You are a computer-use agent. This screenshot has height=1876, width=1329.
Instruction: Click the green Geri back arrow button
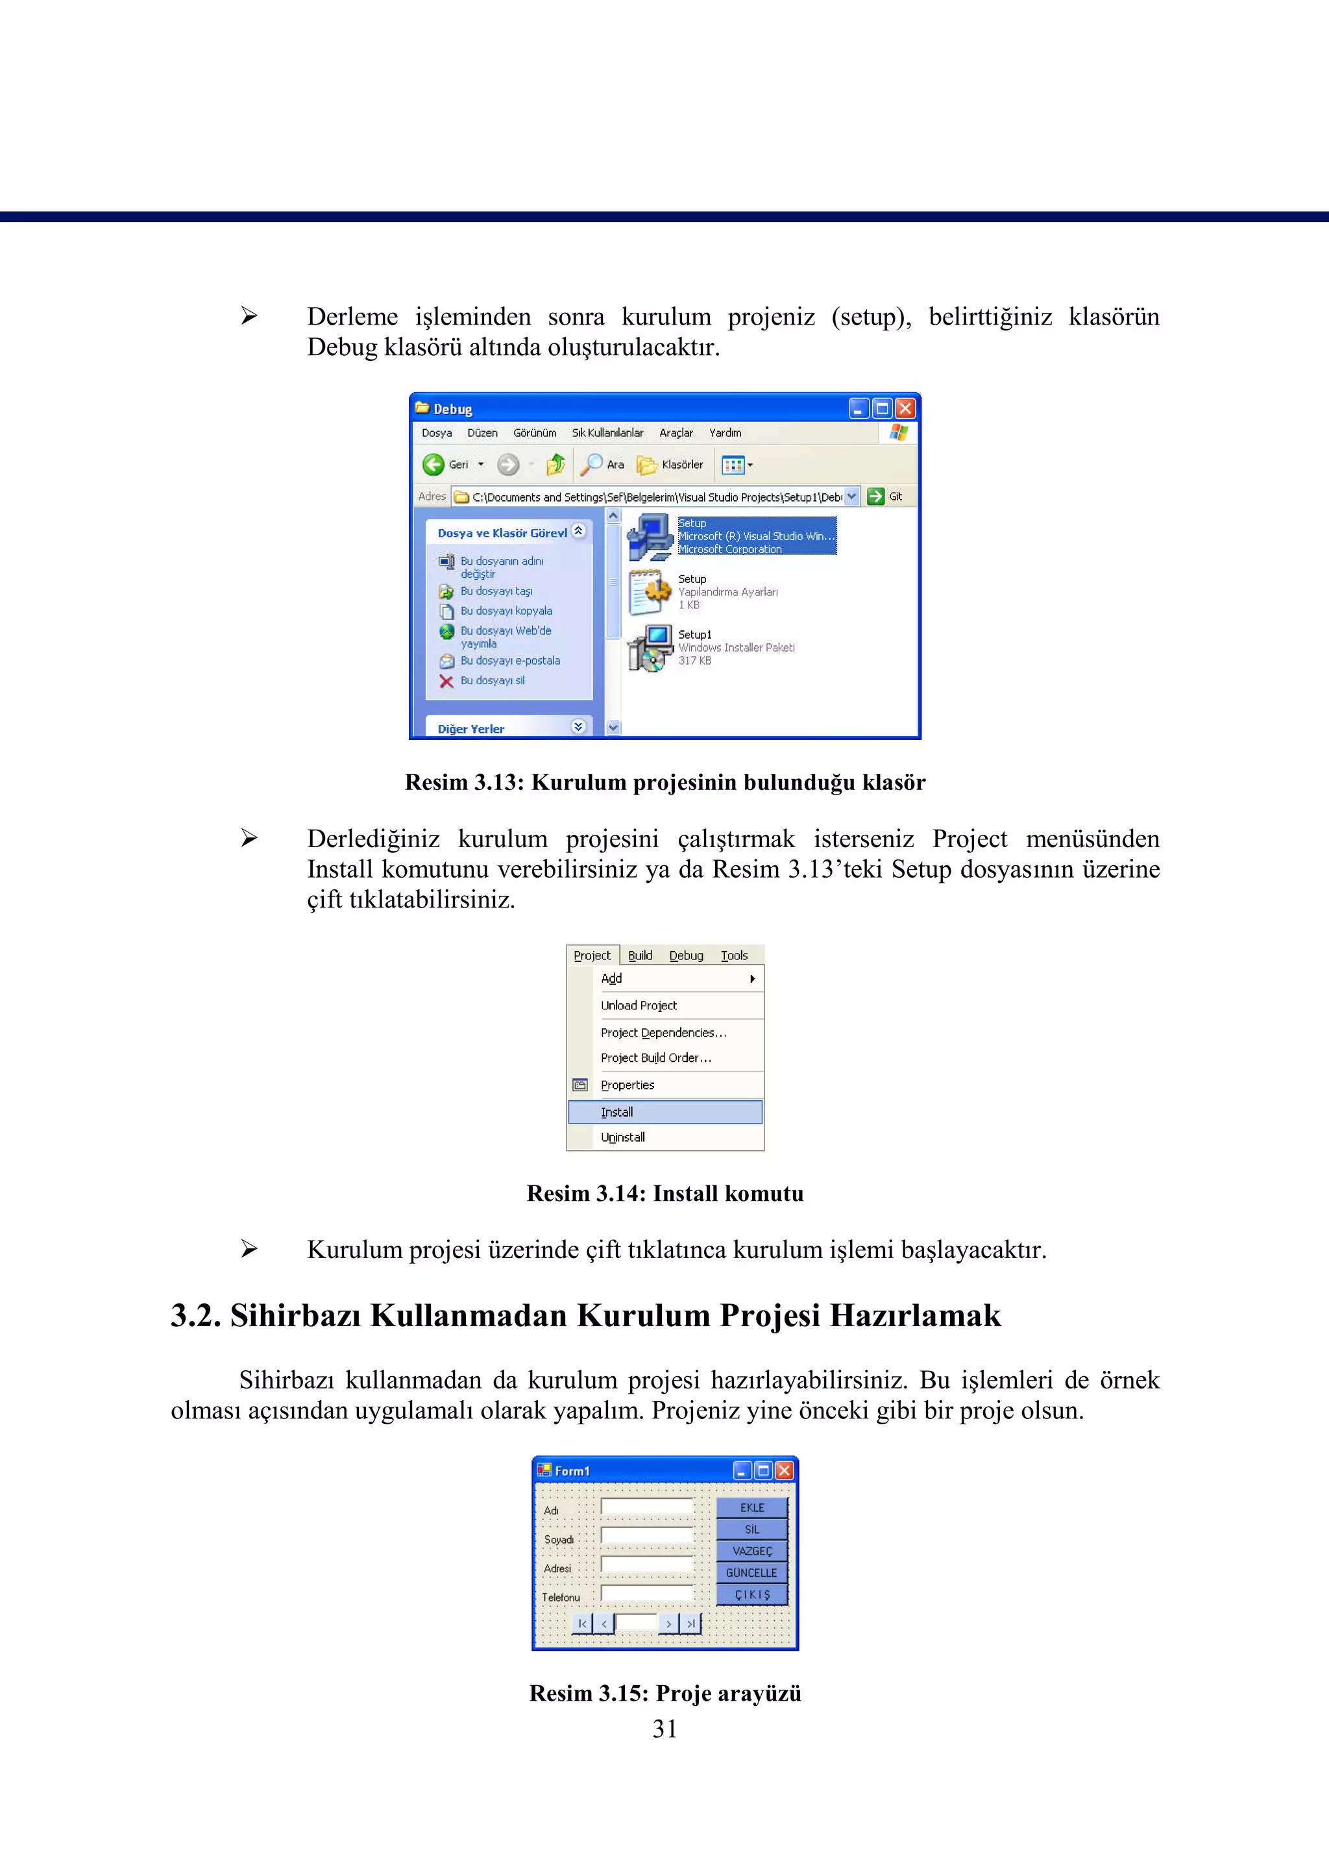(433, 465)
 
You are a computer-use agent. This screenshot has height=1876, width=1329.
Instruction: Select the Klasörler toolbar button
(671, 465)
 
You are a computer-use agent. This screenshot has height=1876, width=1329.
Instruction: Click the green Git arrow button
(875, 496)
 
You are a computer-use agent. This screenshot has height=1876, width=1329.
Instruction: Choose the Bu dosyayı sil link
(492, 680)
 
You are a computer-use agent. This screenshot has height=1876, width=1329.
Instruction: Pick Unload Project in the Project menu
(639, 1005)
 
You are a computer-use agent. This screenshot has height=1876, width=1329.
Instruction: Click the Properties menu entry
(627, 1085)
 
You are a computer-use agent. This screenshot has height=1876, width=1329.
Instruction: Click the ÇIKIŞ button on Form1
(751, 1594)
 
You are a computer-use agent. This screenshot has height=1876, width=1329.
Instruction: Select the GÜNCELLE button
(751, 1572)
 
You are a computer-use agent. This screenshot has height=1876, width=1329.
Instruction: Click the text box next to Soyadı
(646, 1535)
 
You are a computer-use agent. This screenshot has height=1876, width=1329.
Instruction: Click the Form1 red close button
(784, 1471)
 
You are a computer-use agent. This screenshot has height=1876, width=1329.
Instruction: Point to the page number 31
(664, 1729)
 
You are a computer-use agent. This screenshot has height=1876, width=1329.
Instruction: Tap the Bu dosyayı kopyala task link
(506, 611)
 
